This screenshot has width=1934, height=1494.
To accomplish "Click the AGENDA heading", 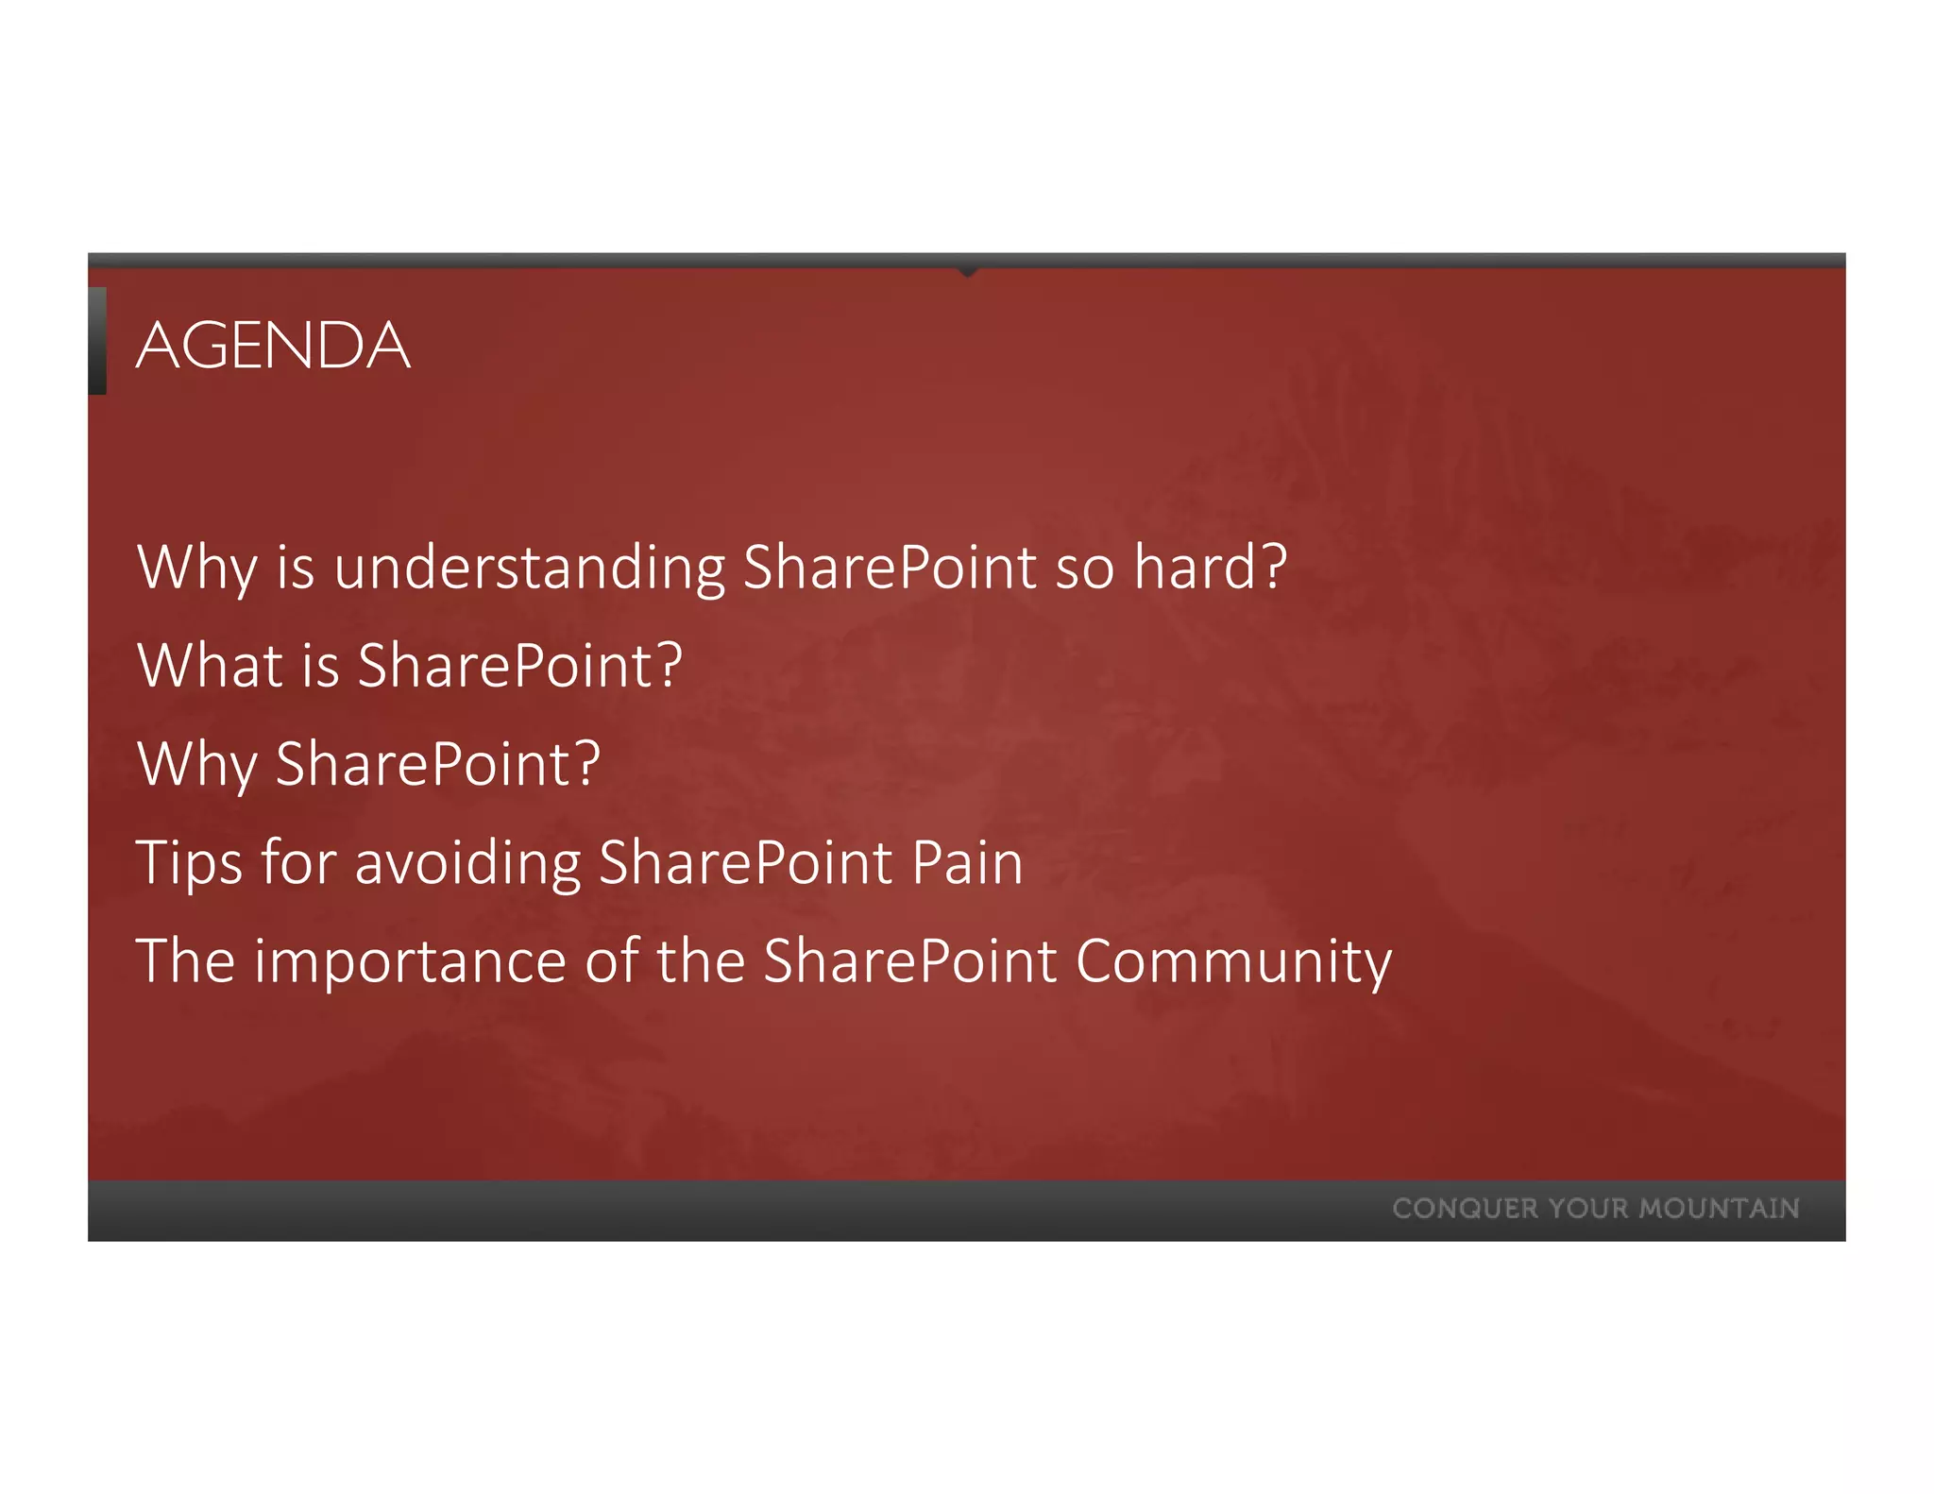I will pos(273,346).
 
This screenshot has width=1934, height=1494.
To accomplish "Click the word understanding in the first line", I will pos(529,569).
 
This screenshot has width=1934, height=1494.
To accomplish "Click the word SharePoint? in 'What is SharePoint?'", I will pos(519,665).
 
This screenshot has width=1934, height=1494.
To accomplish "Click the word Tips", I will pos(189,863).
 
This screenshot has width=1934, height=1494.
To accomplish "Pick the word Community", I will pos(1232,961).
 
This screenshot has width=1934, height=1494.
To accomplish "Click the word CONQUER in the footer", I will pos(1465,1209).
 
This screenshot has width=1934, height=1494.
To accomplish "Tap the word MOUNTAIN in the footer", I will pos(1719,1209).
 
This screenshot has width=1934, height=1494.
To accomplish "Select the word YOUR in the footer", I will pos(1588,1209).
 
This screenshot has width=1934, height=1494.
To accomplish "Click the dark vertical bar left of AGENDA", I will pos(97,341).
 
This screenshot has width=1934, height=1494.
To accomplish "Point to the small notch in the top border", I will pos(966,271).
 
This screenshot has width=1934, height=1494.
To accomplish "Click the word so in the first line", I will pos(1084,569).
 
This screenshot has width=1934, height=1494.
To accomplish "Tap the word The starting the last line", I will pos(185,961).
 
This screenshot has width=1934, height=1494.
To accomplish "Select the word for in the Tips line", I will pos(298,863).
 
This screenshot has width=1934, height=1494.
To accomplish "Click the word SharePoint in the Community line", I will pos(909,961).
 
